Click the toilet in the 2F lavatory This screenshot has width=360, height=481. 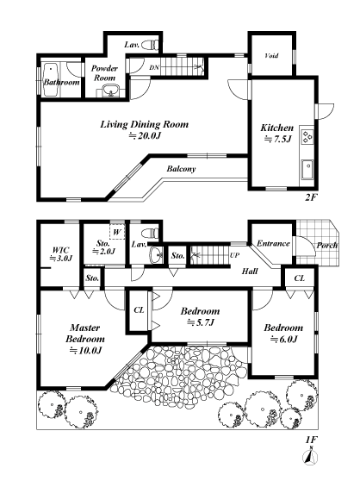coord(151,45)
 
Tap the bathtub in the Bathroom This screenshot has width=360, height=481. coord(52,80)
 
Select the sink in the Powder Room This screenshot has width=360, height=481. coord(111,91)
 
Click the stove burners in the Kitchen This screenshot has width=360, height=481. coord(307,137)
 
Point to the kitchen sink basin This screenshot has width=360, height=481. coord(307,169)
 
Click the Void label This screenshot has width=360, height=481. coord(271,56)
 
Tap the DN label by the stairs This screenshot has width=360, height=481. coord(154,67)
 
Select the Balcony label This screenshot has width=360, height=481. coord(181,169)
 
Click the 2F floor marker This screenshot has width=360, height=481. coord(310,197)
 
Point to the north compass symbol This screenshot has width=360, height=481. coord(310,457)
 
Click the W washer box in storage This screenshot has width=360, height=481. coord(117,232)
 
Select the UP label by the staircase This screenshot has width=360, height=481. coord(234,255)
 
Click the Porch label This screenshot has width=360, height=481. coord(327,246)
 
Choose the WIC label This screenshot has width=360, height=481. coord(60,250)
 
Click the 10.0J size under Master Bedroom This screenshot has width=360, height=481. coord(85,350)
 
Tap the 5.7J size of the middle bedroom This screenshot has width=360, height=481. coord(200,322)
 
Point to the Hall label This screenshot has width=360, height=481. coord(250,272)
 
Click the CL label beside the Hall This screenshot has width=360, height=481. coord(300,278)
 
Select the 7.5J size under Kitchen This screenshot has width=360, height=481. coord(277,139)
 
